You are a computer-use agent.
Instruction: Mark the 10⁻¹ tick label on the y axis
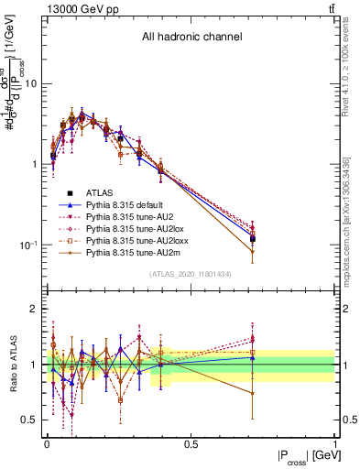[x=28, y=245]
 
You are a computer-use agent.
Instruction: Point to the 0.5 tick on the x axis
[x=191, y=444]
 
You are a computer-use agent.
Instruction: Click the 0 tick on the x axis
[x=47, y=444]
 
